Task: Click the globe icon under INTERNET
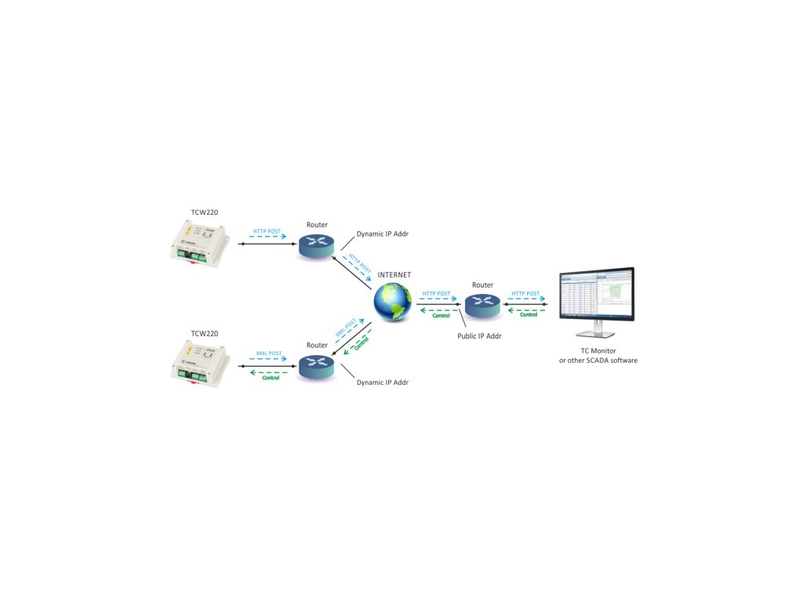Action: coord(392,303)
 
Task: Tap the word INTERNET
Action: coord(394,275)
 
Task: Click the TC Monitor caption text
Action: coord(598,350)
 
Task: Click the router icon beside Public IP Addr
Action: coord(481,305)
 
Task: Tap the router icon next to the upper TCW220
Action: coord(317,247)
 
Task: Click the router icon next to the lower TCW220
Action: coord(317,367)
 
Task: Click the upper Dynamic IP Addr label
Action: coord(383,234)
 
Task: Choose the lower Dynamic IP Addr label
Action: coord(383,383)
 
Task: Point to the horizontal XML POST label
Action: coord(269,354)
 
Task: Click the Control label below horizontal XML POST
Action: coord(270,378)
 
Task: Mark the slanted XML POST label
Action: coord(346,328)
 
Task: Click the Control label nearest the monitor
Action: coord(529,315)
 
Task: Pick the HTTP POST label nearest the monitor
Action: coord(525,294)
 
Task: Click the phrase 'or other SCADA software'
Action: coord(598,361)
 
